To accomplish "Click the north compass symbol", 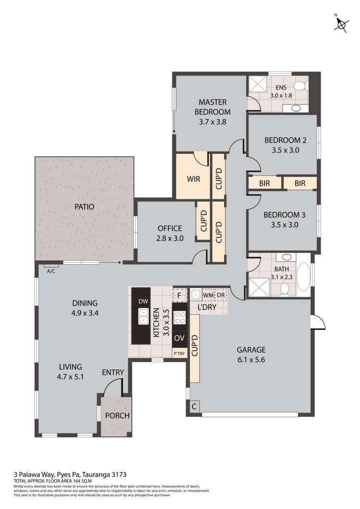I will [x=341, y=24].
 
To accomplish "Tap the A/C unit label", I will [x=50, y=271].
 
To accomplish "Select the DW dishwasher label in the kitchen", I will [x=143, y=301].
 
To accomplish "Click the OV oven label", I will [x=179, y=338].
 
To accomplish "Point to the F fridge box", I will [x=179, y=295].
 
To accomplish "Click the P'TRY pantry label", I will [x=179, y=354].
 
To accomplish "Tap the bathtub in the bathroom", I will [x=303, y=278].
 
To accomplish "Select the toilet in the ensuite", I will [x=300, y=86].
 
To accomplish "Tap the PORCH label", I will [x=118, y=415].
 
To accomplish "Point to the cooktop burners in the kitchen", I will [x=179, y=317].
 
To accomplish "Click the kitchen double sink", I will [x=143, y=316].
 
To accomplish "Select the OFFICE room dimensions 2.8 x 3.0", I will [x=170, y=238].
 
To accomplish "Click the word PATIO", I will [x=84, y=207].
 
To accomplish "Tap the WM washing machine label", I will [x=207, y=294].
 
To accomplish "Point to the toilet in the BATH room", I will [x=284, y=289].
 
